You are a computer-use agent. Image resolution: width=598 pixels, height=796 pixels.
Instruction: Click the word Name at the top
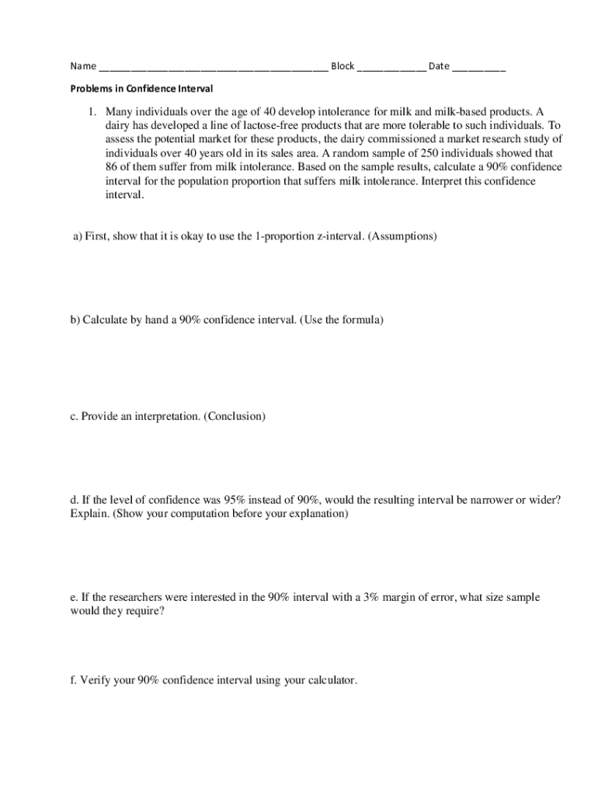click(x=83, y=66)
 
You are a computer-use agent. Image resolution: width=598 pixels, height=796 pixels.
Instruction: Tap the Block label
click(x=342, y=66)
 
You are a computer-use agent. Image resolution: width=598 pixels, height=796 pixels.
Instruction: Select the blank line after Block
click(x=391, y=68)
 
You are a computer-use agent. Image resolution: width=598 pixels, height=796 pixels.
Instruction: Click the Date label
click(x=439, y=66)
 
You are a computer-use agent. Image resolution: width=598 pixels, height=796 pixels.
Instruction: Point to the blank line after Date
click(x=478, y=68)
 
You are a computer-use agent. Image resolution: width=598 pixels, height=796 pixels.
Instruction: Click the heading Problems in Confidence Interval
click(x=141, y=89)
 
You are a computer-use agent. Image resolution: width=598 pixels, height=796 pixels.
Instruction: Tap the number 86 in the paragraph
click(x=112, y=167)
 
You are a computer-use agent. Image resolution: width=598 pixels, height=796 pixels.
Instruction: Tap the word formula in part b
click(x=362, y=319)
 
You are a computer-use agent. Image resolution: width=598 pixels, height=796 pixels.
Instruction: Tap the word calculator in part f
click(x=332, y=680)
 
